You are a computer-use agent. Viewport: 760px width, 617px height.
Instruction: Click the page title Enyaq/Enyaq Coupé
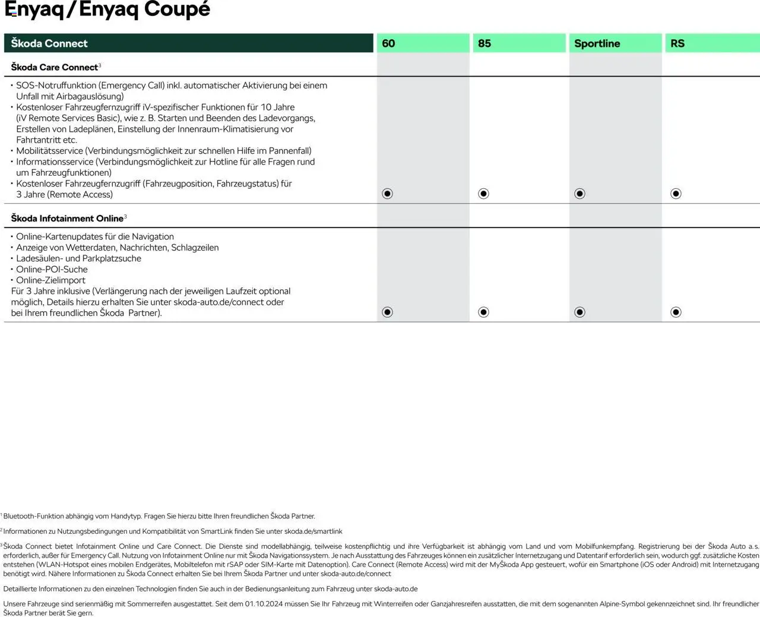(x=107, y=10)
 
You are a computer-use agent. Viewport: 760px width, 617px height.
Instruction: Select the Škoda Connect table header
(x=49, y=43)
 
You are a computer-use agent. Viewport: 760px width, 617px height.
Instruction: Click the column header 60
(x=388, y=43)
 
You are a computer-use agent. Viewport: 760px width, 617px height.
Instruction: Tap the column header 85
(x=484, y=43)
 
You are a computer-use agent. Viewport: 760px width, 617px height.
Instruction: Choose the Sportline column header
(x=597, y=43)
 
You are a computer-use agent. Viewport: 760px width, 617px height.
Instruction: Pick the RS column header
(x=677, y=43)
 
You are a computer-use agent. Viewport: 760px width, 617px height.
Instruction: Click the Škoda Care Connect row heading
(x=55, y=67)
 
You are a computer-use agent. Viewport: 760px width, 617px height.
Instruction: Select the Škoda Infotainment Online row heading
(x=67, y=219)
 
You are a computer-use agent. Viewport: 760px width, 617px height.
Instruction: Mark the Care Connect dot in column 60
(x=388, y=194)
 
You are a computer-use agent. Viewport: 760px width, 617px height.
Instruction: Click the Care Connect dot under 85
(x=484, y=194)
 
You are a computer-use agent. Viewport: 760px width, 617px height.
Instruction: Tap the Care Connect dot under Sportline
(x=580, y=194)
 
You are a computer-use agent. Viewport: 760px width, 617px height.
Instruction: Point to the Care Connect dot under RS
(x=676, y=194)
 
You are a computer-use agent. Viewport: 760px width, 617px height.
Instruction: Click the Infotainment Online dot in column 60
(x=388, y=312)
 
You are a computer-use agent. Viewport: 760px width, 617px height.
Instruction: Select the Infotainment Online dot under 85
(x=484, y=312)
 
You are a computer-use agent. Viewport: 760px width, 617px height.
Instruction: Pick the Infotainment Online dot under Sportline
(x=580, y=312)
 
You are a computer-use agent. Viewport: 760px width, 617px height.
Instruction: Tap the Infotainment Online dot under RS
(x=676, y=312)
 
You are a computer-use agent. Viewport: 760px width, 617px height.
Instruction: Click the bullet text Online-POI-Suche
(x=52, y=270)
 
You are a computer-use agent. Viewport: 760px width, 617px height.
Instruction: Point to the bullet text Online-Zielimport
(x=50, y=280)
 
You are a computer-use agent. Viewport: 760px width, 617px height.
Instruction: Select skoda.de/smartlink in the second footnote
(x=313, y=531)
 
